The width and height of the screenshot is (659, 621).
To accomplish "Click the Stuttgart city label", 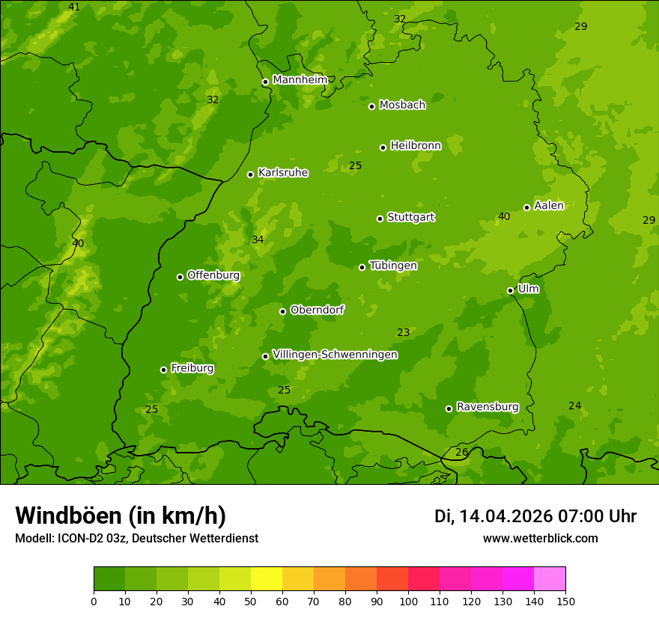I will pyautogui.click(x=410, y=218).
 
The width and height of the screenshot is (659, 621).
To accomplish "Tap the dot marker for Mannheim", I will pyautogui.click(x=265, y=82).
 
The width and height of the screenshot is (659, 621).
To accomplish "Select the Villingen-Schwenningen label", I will pyautogui.click(x=335, y=355).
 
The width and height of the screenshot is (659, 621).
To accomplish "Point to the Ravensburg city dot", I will pyautogui.click(x=449, y=409).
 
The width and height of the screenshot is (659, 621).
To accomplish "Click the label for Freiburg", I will pyautogui.click(x=192, y=368).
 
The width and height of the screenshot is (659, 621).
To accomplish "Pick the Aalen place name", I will pyautogui.click(x=548, y=206).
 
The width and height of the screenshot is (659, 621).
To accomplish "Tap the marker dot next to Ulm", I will pyautogui.click(x=511, y=290).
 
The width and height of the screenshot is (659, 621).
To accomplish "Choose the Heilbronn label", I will pyautogui.click(x=416, y=146).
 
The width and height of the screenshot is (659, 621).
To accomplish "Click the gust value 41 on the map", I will pyautogui.click(x=74, y=7).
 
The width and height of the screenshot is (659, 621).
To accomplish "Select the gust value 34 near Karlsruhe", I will pyautogui.click(x=258, y=240).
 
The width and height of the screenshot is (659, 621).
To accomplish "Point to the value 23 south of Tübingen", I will pyautogui.click(x=404, y=333).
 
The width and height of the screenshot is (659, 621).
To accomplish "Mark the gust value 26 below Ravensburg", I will pyautogui.click(x=462, y=453).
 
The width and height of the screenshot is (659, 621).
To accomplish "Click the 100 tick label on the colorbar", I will pyautogui.click(x=408, y=601).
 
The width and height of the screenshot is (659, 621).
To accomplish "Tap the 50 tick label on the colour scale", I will pyautogui.click(x=251, y=601).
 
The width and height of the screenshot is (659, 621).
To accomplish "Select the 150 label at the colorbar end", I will pyautogui.click(x=565, y=601).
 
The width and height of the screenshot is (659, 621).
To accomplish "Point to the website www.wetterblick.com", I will pyautogui.click(x=541, y=539).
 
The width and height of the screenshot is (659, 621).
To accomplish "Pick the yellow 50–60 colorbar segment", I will pyautogui.click(x=267, y=579).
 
